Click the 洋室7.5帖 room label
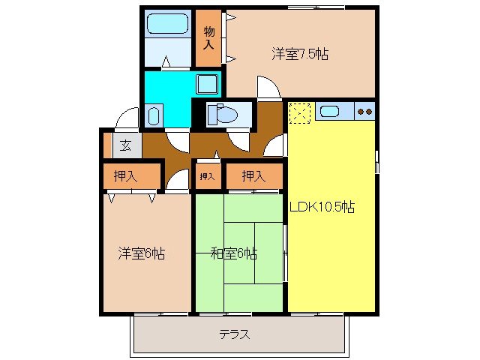coord(301,54)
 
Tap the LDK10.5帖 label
coord(322,208)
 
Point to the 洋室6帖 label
coord(140,253)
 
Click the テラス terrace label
coord(234,334)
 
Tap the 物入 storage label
coord(209,38)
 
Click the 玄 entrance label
coord(126,145)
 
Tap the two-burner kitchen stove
coord(365,112)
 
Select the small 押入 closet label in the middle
coord(207,177)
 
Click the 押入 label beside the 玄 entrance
coord(125,177)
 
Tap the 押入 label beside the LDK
coord(253,177)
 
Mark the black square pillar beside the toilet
coord(199,114)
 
